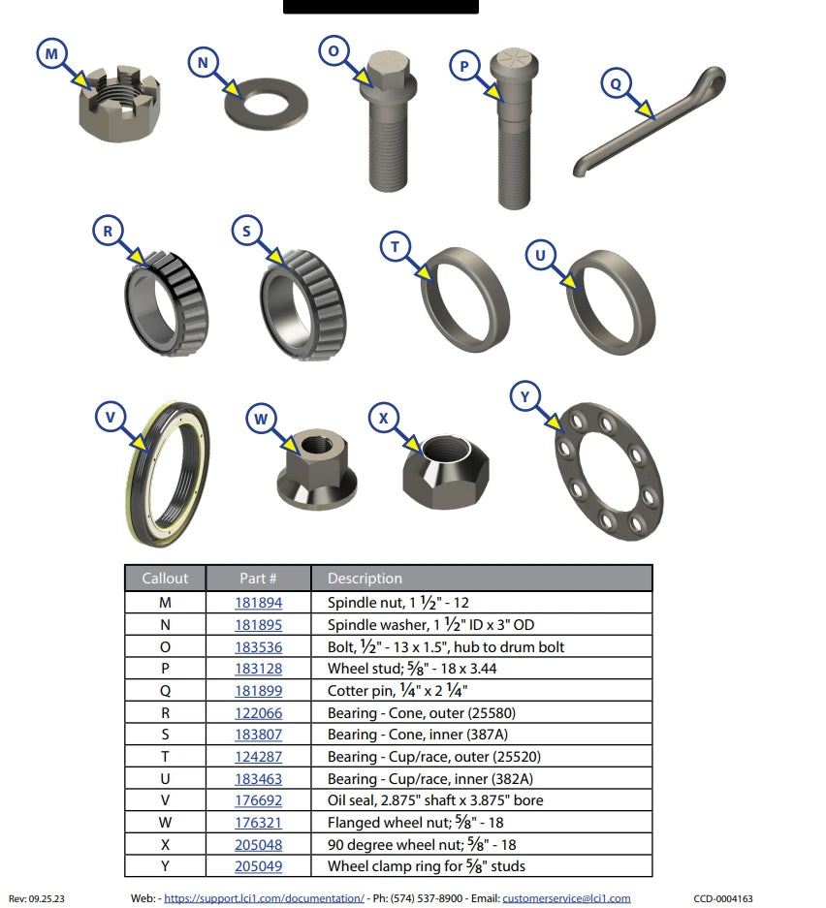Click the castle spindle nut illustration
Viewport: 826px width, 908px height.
[119, 103]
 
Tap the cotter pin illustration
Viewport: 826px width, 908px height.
[649, 121]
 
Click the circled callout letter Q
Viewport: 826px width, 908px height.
[616, 83]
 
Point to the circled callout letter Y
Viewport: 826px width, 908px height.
[524, 396]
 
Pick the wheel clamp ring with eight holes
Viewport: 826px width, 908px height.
[609, 471]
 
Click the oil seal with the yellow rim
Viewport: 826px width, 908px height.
[168, 474]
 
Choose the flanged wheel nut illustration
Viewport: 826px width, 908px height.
[317, 469]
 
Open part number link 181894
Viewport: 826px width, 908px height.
[258, 603]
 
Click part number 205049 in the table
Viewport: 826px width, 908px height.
[258, 866]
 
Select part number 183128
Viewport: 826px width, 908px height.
[258, 669]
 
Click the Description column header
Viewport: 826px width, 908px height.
[365, 579]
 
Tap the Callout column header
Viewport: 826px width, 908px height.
[165, 579]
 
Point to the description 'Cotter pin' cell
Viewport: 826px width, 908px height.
[397, 690]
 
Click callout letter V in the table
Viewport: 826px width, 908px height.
[165, 800]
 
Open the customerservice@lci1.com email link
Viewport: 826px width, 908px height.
[566, 898]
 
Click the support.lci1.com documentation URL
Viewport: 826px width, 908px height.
[264, 898]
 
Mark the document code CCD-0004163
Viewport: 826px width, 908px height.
[723, 898]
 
